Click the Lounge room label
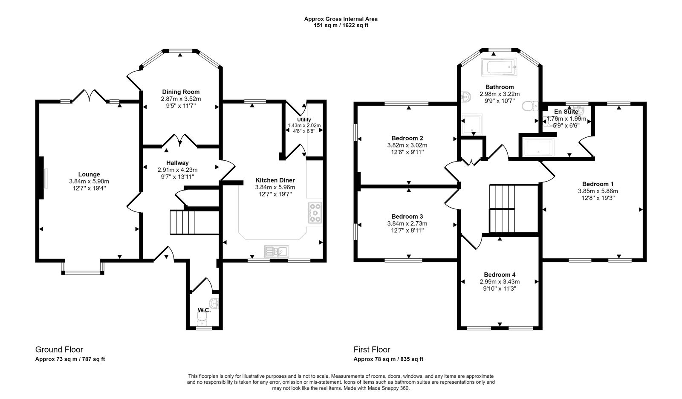(x=89, y=174)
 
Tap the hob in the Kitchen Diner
(x=315, y=213)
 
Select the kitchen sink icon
(x=277, y=251)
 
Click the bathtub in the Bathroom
(x=499, y=67)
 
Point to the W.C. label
(x=204, y=310)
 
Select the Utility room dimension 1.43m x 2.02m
(x=304, y=125)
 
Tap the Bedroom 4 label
(x=500, y=275)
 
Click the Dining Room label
(x=181, y=92)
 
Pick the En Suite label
(x=566, y=112)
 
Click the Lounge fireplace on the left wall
(x=42, y=178)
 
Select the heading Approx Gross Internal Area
(x=341, y=19)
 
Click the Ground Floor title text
(x=59, y=350)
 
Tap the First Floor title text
(x=372, y=350)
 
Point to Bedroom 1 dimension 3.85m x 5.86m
(x=598, y=191)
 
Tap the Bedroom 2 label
(x=407, y=138)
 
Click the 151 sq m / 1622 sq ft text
(x=341, y=25)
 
